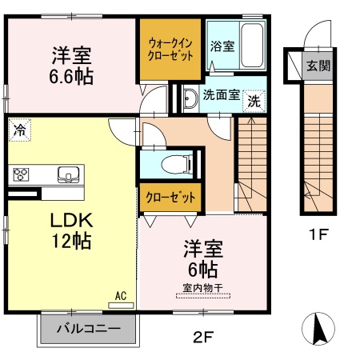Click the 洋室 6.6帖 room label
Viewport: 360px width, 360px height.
72,66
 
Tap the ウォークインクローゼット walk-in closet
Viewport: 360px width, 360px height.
169,50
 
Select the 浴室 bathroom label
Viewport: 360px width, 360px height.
222,46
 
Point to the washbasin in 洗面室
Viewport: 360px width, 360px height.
190,98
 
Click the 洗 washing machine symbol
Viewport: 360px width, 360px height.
253,101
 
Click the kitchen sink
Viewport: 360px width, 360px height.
67,173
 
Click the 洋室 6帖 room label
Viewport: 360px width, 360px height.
202,259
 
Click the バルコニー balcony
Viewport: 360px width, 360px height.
88,328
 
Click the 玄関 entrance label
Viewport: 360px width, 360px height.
318,66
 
